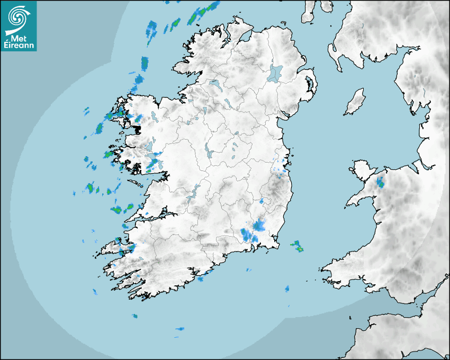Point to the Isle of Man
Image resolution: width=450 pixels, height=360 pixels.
click(x=355, y=102)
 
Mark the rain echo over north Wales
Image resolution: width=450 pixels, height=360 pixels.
click(x=380, y=184)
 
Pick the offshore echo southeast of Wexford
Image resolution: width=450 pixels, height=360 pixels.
click(x=297, y=246)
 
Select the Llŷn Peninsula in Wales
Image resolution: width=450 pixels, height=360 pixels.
click(x=360, y=199)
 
